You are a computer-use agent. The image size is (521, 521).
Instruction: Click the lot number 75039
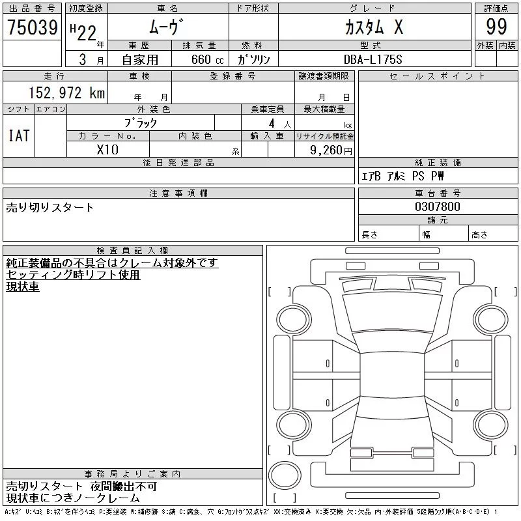click(33, 27)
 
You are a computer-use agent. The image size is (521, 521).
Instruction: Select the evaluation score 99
click(496, 27)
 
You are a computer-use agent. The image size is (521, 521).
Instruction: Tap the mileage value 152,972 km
click(67, 92)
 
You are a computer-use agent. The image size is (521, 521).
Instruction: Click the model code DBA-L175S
click(373, 59)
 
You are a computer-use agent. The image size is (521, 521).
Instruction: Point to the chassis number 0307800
click(437, 206)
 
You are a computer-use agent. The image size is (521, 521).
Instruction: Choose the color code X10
click(107, 150)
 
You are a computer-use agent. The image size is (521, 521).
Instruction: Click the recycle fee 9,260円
click(331, 150)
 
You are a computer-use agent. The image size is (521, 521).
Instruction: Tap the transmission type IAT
click(19, 135)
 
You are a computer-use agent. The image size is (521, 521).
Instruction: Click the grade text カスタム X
click(374, 27)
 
